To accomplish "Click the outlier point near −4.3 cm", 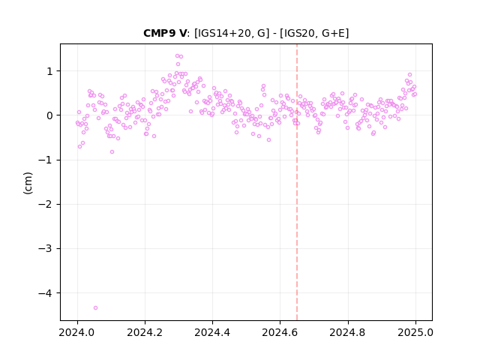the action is (x=95, y=307).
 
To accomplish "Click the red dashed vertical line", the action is (x=297, y=182).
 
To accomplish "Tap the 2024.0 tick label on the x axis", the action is (x=77, y=332).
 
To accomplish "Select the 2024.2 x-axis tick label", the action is (x=145, y=332).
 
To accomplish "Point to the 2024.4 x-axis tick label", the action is (x=212, y=332).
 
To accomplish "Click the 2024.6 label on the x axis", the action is (x=280, y=332).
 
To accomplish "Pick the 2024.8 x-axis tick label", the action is (x=347, y=332).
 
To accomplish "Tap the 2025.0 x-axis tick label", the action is (x=415, y=332).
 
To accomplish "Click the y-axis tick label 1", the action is (x=49, y=71).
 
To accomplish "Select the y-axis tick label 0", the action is (x=49, y=115).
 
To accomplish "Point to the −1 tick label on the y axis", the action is (x=46, y=160).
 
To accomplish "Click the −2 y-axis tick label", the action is (x=46, y=205).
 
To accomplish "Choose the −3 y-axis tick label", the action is (x=46, y=249).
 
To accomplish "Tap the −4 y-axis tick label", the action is (x=46, y=293).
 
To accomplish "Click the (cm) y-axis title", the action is (x=28, y=183).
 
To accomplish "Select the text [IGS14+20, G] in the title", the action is (x=232, y=33).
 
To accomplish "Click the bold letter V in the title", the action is (x=182, y=33).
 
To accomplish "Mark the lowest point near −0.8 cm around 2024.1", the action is (x=112, y=151).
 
